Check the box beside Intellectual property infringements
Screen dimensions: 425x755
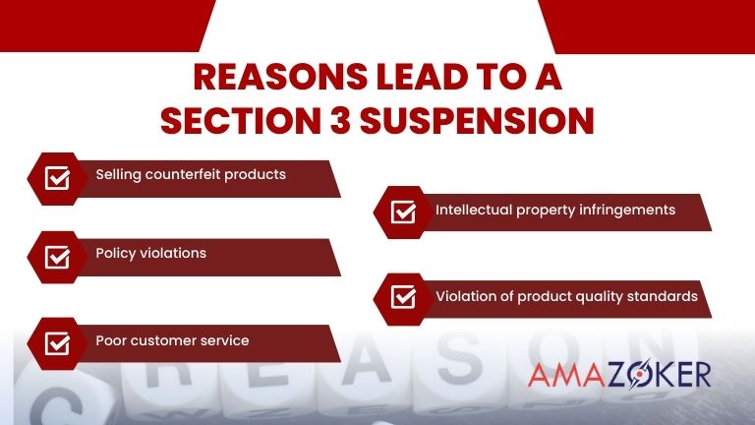coord(403,212)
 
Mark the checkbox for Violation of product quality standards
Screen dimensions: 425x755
coord(403,296)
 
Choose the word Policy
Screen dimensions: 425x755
coord(115,253)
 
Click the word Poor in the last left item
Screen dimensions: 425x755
coord(110,340)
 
